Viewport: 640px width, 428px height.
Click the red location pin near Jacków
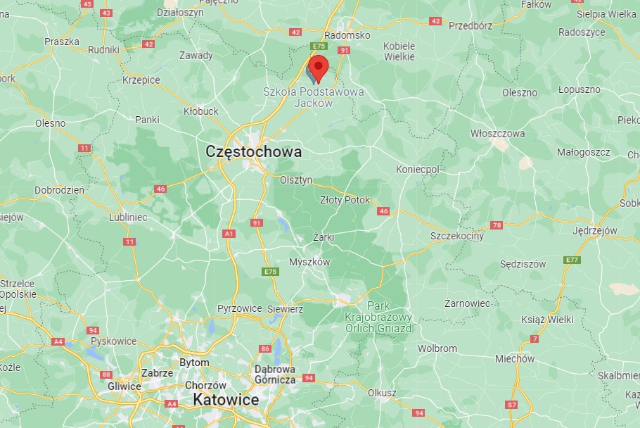(319, 68)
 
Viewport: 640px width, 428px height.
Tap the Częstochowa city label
(254, 151)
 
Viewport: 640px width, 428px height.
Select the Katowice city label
(226, 400)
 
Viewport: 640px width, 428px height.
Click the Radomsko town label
(347, 35)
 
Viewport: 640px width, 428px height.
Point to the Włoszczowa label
(498, 134)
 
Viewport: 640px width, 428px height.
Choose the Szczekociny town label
(457, 237)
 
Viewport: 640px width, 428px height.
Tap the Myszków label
(309, 262)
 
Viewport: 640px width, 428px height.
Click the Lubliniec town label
(128, 218)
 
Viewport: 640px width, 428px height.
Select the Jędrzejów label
(595, 230)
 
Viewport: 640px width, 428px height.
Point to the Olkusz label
(383, 393)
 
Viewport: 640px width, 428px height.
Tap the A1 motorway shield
(229, 233)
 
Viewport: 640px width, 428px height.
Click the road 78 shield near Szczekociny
(497, 225)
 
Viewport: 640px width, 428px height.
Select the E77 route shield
(572, 260)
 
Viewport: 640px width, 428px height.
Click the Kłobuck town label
(200, 111)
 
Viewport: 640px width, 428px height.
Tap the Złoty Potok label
(345, 200)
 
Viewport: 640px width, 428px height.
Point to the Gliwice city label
(124, 386)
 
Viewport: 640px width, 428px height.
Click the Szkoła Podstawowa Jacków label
(314, 97)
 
